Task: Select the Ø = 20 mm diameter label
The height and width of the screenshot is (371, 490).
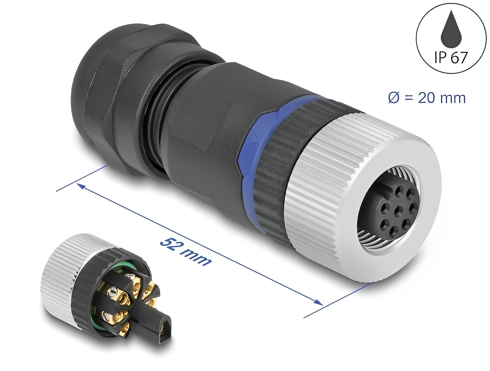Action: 427,98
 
